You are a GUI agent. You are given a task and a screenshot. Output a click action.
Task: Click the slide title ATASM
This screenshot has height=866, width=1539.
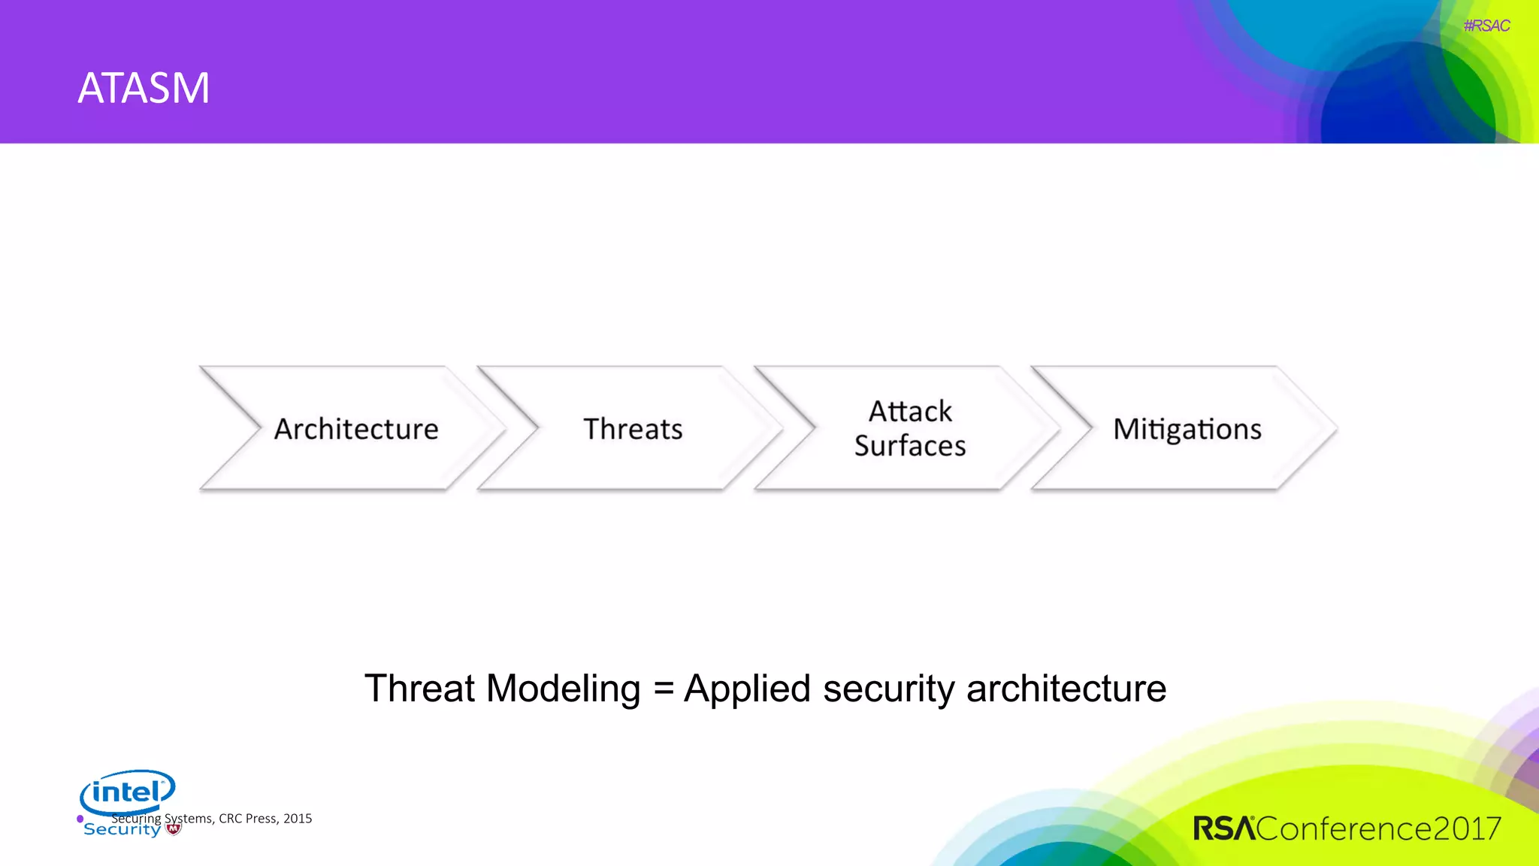click(x=144, y=88)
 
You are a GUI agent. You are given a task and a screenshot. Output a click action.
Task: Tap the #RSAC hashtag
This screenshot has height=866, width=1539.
click(x=1486, y=26)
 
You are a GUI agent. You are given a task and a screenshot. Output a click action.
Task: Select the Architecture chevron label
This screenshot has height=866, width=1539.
click(x=356, y=429)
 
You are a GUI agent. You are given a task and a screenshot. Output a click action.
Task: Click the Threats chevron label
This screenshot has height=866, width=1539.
click(x=633, y=429)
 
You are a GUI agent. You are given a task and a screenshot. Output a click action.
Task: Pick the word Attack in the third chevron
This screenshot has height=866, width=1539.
click(x=910, y=411)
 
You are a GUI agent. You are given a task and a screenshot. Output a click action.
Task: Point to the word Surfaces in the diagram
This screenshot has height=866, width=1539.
click(x=910, y=446)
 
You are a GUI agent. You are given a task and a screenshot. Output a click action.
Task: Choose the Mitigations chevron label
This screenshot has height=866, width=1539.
click(x=1187, y=429)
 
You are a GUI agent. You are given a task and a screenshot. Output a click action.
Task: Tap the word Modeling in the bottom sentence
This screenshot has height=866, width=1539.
click(x=563, y=688)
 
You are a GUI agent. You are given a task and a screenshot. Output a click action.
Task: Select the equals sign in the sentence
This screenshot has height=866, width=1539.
click(x=663, y=688)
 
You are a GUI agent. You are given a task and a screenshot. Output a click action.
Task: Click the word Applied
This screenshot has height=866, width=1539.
click(x=747, y=688)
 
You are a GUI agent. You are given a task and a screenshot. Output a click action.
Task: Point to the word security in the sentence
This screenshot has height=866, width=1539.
click(x=888, y=688)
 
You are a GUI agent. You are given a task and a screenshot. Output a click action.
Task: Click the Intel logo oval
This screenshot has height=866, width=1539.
click(x=127, y=791)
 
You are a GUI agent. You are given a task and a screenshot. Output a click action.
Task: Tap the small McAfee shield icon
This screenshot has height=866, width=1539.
click(x=174, y=829)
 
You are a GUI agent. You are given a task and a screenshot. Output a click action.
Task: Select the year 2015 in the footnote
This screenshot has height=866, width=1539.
click(x=298, y=819)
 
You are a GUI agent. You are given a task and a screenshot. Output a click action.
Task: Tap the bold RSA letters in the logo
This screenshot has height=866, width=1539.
click(x=1223, y=828)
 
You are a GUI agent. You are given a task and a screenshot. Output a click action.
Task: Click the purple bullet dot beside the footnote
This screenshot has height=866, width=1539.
click(x=80, y=819)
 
